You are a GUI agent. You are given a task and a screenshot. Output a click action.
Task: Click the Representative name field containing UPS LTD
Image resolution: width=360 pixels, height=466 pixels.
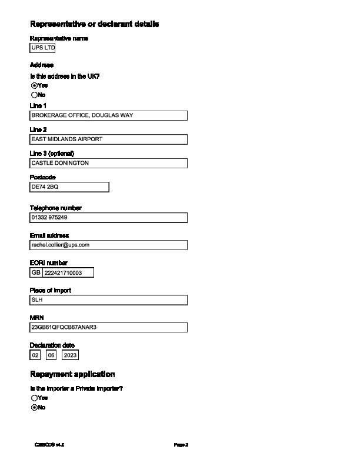click(42, 48)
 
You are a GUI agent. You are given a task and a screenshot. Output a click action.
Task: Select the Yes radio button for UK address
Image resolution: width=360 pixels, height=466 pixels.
click(34, 85)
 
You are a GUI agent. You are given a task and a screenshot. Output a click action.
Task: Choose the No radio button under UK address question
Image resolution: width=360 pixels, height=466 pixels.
click(34, 95)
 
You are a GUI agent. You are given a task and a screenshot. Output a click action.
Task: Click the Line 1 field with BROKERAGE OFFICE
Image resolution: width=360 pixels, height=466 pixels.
click(108, 116)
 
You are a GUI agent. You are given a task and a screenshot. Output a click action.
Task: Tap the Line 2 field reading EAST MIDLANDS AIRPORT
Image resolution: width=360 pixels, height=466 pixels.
click(108, 139)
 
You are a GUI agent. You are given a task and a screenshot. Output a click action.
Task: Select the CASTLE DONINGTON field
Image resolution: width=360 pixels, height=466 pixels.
click(108, 163)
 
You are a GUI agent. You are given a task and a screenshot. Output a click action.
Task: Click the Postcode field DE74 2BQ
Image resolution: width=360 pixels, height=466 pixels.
click(69, 187)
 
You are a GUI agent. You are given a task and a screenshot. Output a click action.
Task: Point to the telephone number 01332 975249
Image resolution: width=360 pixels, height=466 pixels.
click(108, 218)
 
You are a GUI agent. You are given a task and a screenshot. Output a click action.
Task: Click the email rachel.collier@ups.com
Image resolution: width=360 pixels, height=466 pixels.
click(108, 245)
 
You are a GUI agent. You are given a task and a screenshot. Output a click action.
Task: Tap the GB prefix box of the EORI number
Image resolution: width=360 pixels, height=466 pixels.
click(36, 272)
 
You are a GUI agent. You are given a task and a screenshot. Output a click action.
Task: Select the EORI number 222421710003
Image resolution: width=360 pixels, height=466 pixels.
click(68, 272)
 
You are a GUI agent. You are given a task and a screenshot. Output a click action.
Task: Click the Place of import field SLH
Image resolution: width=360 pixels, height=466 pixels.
click(108, 300)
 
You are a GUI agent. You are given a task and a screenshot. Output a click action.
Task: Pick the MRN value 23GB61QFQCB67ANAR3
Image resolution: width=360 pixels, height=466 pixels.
click(108, 327)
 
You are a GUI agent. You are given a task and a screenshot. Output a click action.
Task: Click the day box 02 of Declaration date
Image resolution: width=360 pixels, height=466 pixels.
click(36, 355)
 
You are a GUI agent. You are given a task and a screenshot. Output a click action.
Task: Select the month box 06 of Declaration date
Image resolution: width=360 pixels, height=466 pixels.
click(51, 355)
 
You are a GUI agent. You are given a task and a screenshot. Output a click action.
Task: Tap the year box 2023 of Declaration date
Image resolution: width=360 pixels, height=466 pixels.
click(70, 355)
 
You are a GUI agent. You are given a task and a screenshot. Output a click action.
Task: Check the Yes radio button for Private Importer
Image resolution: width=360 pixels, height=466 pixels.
click(34, 398)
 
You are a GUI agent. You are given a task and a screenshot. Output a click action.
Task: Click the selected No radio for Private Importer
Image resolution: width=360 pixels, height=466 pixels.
click(34, 407)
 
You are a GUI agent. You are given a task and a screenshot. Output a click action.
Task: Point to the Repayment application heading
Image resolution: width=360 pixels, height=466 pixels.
click(72, 374)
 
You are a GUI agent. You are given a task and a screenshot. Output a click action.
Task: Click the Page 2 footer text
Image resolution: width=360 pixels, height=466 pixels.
click(181, 445)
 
